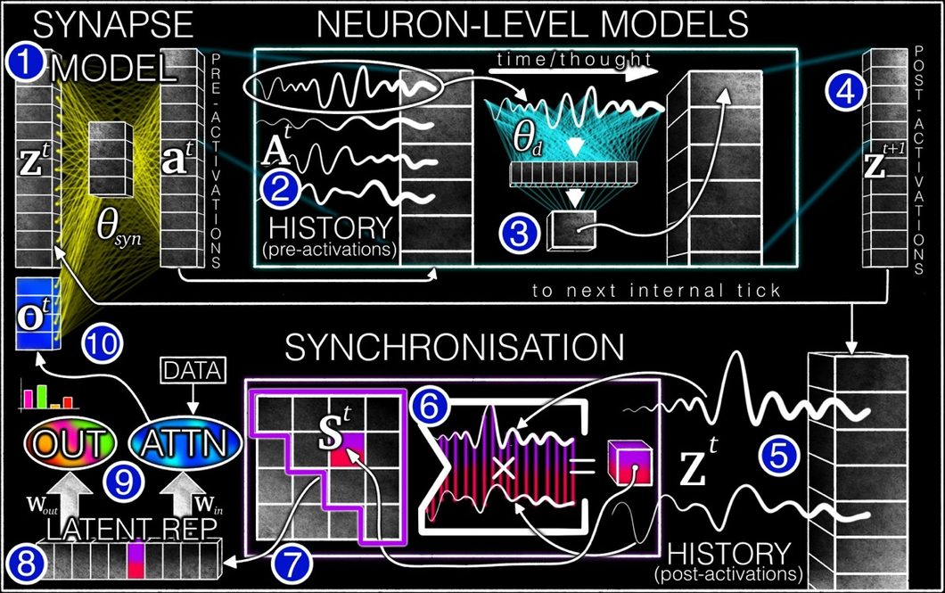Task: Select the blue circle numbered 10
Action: pyautogui.click(x=103, y=344)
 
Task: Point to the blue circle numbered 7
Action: pyautogui.click(x=292, y=565)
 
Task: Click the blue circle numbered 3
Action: pyautogui.click(x=519, y=234)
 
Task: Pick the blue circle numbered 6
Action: pyautogui.click(x=430, y=406)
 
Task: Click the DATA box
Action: pyautogui.click(x=193, y=371)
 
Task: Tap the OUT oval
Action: pyautogui.click(x=70, y=444)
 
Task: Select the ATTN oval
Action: pyautogui.click(x=185, y=444)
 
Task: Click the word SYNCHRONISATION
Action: pyautogui.click(x=455, y=348)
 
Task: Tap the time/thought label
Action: pyautogui.click(x=574, y=59)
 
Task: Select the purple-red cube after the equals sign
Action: pyautogui.click(x=630, y=462)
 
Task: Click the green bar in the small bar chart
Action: pyautogui.click(x=42, y=397)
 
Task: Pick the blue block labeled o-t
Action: pyautogui.click(x=37, y=313)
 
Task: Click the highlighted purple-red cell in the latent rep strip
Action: pyautogui.click(x=136, y=560)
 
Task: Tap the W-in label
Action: pyautogui.click(x=209, y=505)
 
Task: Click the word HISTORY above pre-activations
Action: pyautogui.click(x=330, y=227)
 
